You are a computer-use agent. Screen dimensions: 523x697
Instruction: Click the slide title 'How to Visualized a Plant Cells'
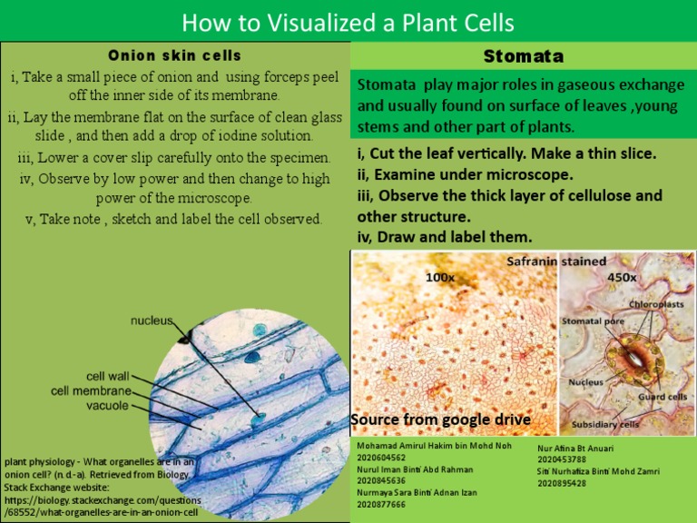click(348, 22)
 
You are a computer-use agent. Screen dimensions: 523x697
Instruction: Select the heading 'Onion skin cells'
click(175, 55)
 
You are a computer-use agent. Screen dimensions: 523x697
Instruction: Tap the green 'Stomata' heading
click(523, 56)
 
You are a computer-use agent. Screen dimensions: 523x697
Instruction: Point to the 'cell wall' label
click(107, 375)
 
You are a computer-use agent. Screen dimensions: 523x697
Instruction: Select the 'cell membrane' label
click(90, 390)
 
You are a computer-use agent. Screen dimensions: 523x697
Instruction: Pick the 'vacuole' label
click(107, 406)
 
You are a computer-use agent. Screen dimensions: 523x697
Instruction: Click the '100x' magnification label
click(440, 277)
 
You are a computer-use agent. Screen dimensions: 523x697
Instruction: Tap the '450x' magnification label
click(622, 277)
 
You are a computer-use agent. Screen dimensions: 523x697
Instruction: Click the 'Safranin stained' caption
click(555, 261)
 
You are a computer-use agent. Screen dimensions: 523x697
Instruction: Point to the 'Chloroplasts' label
click(657, 305)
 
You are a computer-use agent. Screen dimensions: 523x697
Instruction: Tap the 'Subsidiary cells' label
click(605, 424)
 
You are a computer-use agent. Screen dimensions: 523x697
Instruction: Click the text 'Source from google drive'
click(440, 419)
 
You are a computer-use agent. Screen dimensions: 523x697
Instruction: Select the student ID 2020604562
click(382, 459)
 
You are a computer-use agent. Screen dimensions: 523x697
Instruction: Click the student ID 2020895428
click(562, 483)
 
